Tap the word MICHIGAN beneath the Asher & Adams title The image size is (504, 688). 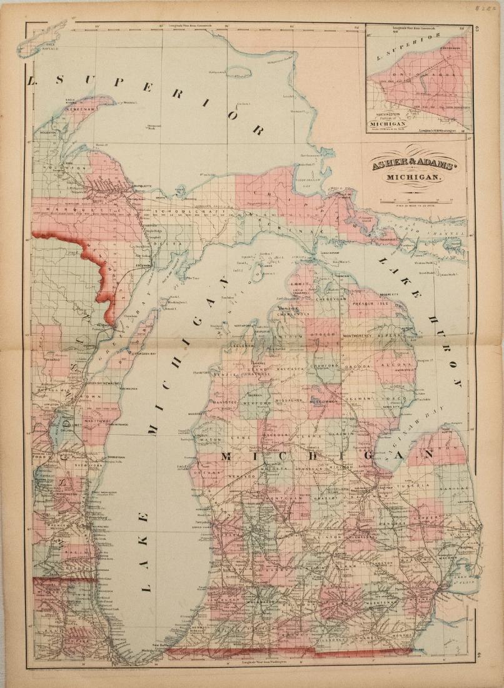[413, 178]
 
